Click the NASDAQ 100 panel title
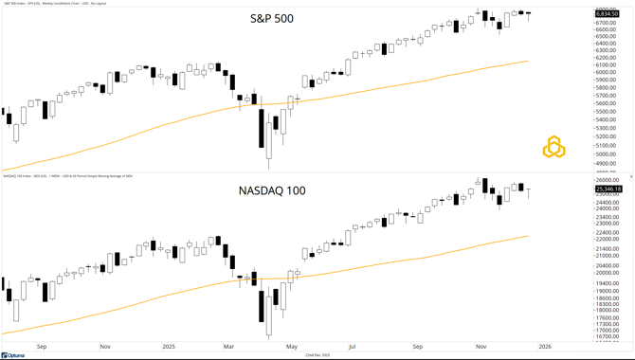[x=272, y=190]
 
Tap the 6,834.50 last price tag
[x=608, y=14]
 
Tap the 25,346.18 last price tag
[x=608, y=189]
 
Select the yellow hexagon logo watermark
[x=554, y=147]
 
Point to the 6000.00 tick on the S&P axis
[x=608, y=73]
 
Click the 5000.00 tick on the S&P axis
[x=608, y=153]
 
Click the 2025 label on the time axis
[x=168, y=347]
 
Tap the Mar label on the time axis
[x=228, y=347]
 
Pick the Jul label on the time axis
[x=352, y=347]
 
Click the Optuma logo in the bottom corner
[x=13, y=355]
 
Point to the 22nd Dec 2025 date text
[x=317, y=355]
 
